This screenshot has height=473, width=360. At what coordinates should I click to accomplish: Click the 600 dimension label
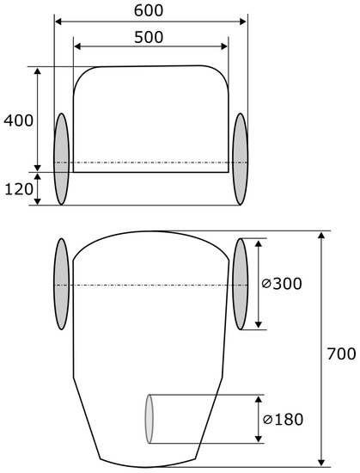(149, 10)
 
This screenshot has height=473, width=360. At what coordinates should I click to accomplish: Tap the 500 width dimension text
(149, 37)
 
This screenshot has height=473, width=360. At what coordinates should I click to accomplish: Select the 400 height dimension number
(18, 121)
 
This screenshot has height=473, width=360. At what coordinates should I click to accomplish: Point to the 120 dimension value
(19, 189)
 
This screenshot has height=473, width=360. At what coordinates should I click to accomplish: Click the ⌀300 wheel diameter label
(281, 284)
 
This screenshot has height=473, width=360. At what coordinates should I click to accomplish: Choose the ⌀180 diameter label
(283, 420)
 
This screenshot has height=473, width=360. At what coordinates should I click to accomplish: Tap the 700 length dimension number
(341, 353)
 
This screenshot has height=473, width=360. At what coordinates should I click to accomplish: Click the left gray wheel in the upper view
(62, 159)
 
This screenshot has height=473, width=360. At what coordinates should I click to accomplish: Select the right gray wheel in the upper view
(240, 159)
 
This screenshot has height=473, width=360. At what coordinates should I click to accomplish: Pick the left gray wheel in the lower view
(62, 284)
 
